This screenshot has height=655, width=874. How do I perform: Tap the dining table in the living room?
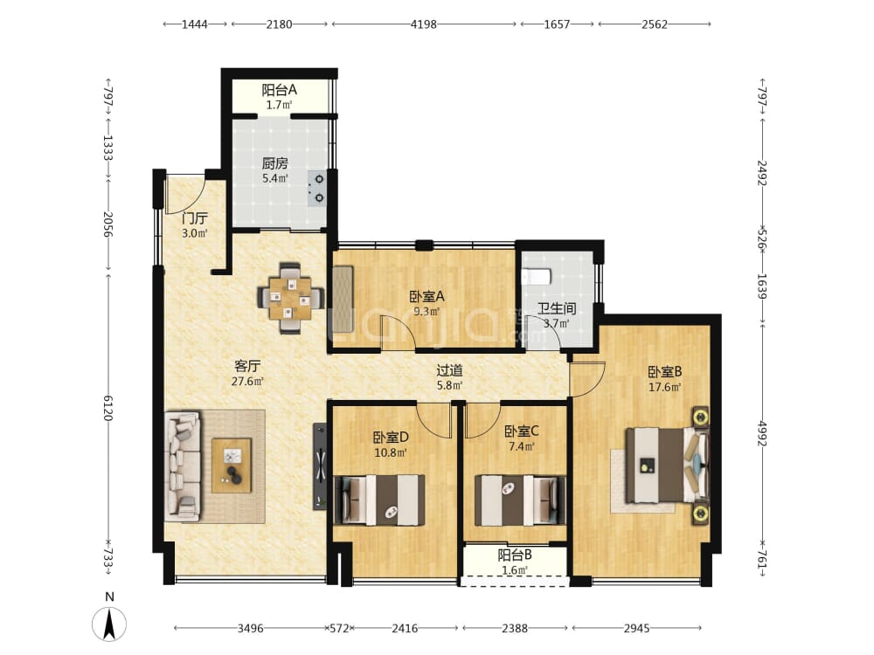291,298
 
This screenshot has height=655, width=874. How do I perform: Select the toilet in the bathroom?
538,276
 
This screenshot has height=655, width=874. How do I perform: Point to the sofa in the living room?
183,466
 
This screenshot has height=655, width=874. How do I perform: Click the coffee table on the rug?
232,465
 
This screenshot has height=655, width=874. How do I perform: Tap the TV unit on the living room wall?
320,466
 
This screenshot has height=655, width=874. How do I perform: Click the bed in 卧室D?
379,500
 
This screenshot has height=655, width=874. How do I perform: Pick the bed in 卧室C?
519,500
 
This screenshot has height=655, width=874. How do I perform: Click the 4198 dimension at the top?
424,24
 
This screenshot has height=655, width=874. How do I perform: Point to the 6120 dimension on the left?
108,408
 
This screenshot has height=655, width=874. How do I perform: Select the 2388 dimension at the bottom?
515,628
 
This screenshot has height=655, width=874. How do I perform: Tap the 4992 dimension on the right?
762,433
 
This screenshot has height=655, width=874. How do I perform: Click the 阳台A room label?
280,90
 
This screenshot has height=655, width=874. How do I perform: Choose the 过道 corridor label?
449,370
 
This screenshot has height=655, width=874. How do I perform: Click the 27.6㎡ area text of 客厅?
247,382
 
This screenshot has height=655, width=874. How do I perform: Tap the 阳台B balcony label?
515,555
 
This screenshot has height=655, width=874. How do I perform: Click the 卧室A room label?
427,296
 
